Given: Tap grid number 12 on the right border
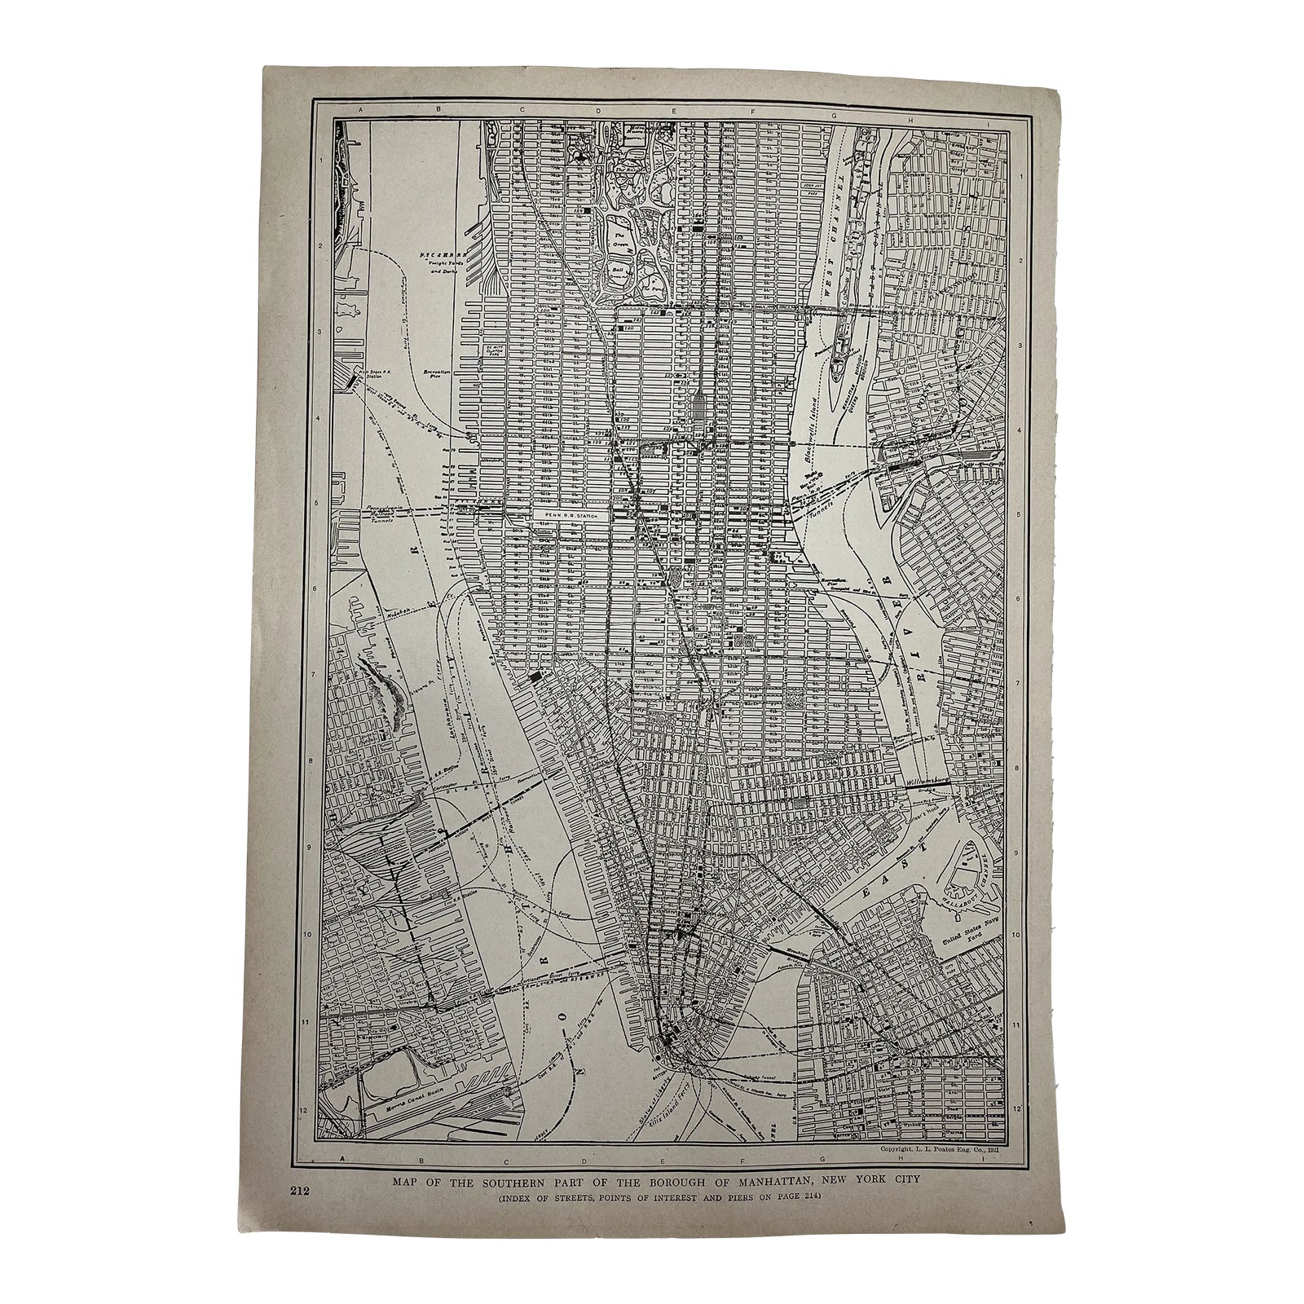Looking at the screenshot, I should coord(1019,1108).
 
